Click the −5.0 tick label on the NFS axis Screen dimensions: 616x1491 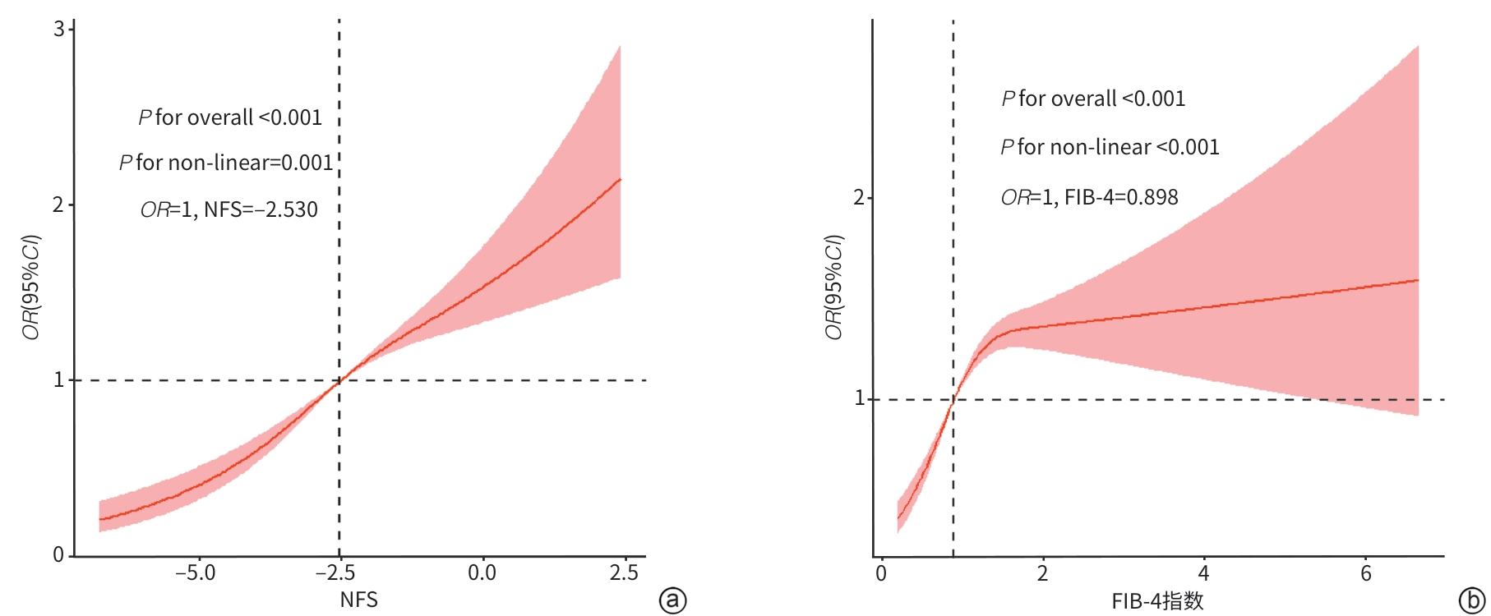coord(195,572)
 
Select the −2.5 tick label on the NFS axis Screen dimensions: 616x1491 coord(337,572)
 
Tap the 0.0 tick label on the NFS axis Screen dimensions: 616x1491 coord(482,572)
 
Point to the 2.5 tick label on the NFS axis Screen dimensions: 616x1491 coord(624,572)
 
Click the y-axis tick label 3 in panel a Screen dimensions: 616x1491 coord(58,30)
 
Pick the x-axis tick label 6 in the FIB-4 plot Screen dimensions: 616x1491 coord(1365,573)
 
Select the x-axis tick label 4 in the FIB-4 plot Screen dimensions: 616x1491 coord(1203,573)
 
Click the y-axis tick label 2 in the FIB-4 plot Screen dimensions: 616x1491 coord(859,198)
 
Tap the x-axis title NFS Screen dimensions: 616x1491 coord(358,600)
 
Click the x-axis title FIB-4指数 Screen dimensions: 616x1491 coord(1157,601)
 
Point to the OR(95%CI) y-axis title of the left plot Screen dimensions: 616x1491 coord(31,287)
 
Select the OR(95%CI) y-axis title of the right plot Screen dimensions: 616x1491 coord(834,287)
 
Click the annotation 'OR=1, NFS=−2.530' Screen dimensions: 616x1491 coord(228,210)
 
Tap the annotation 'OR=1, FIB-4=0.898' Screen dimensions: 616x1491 coord(1089,198)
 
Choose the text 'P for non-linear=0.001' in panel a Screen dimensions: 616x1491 coord(226,163)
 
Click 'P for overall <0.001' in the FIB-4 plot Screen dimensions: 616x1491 coord(1093,99)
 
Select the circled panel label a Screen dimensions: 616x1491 coord(672,600)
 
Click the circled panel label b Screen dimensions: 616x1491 coord(1471,600)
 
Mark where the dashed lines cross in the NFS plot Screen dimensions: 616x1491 coord(339,380)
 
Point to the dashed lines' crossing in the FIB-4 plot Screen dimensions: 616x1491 coord(953,400)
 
